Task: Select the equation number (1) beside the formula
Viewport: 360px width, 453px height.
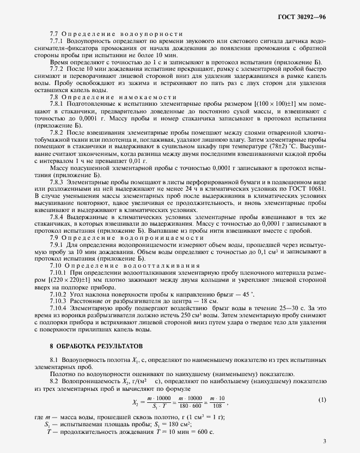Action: [322, 400]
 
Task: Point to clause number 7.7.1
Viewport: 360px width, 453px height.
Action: [58, 41]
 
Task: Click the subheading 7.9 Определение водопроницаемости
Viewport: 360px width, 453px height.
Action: [123, 238]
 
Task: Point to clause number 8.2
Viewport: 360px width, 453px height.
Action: [55, 383]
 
